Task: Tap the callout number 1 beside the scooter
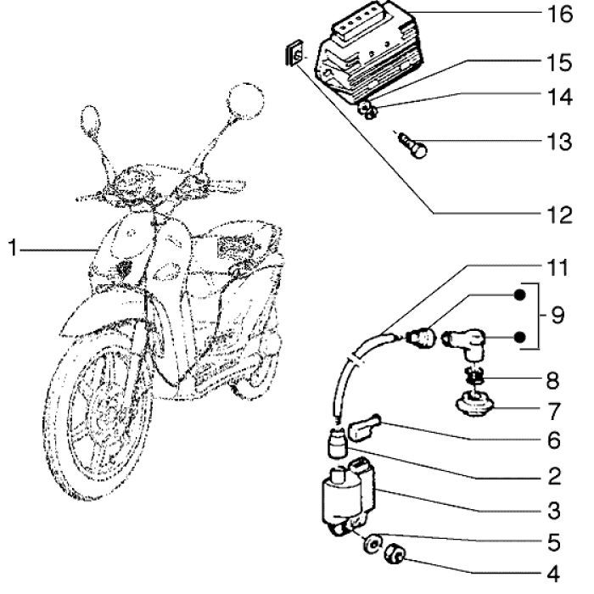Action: pos(13,249)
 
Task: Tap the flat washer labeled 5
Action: pos(373,542)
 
